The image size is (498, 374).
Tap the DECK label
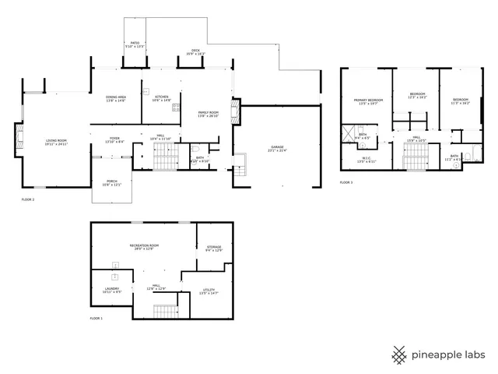[195, 52]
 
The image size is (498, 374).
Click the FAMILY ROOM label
[209, 114]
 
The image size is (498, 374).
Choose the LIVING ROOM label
[56, 142]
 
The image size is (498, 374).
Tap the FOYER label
[114, 139]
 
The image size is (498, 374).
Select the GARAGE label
[277, 149]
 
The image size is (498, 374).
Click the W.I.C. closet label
[366, 159]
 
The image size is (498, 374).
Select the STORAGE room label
[214, 249]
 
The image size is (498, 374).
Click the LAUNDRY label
[111, 290]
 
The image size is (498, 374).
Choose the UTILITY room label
[209, 291]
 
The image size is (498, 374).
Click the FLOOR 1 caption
[96, 319]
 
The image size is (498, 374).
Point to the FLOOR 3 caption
[346, 182]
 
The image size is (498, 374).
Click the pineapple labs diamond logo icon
[399, 355]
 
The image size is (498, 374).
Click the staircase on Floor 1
[164, 312]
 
